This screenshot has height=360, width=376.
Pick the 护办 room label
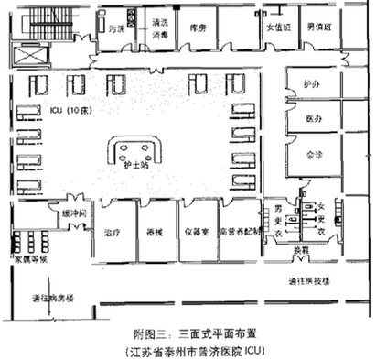tap(314, 84)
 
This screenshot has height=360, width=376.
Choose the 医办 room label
tap(314, 119)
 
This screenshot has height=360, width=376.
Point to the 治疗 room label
tap(113, 232)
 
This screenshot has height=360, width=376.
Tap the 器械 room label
tap(155, 232)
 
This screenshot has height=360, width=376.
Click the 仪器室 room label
tap(196, 232)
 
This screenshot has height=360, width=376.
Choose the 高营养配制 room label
tap(238, 232)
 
